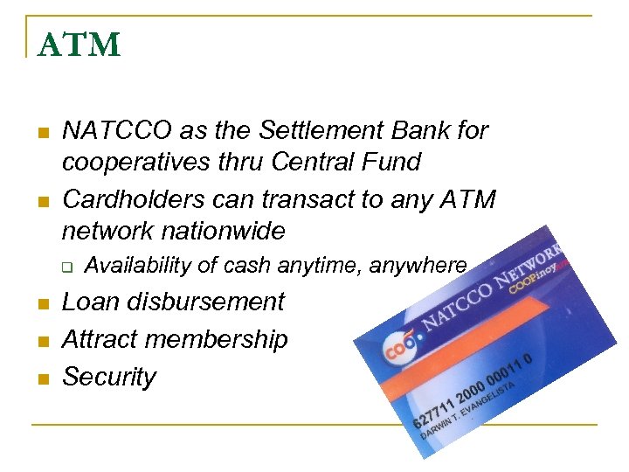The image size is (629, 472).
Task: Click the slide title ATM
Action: [79, 44]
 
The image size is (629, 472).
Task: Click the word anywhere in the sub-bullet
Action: [420, 266]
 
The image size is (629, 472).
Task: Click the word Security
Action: [109, 378]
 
